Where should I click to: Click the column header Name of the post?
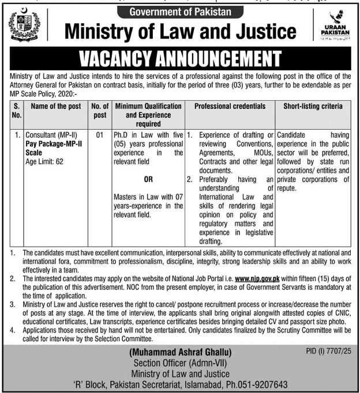click(55, 107)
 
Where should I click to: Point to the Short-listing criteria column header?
click(313, 107)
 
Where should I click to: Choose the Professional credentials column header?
click(230, 107)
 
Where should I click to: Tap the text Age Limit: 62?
click(45, 162)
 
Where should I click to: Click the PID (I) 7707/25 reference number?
click(328, 350)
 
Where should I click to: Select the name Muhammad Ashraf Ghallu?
click(180, 352)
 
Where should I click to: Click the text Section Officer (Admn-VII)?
click(180, 362)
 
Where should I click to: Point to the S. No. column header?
click(17, 111)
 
